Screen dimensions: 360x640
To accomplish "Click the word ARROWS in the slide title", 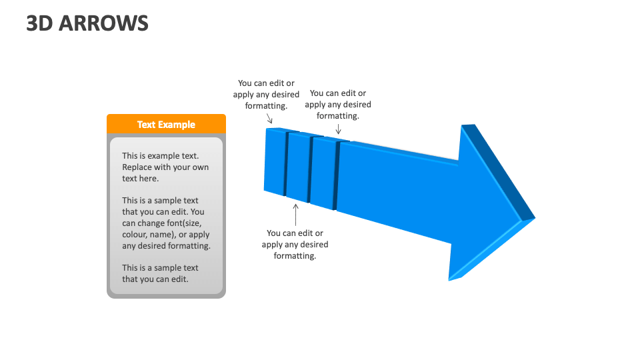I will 103,23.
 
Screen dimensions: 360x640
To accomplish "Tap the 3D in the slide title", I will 39,23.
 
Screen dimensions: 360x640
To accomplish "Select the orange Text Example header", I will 166,124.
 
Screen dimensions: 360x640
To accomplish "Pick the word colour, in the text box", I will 138,235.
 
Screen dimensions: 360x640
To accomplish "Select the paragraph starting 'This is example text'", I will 165,167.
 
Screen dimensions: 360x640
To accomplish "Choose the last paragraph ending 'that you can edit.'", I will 160,273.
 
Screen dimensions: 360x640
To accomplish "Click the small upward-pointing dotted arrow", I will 295,215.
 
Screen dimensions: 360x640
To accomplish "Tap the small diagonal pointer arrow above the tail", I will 269,119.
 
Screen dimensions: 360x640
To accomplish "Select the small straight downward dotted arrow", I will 339,129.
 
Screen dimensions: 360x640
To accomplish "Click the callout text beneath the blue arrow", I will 295,244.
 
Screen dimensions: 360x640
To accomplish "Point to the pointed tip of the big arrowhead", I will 533,218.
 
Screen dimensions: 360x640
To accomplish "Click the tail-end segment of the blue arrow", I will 275,161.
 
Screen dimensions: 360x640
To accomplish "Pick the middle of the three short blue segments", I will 298,167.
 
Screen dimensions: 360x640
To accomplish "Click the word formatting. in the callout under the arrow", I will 295,255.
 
